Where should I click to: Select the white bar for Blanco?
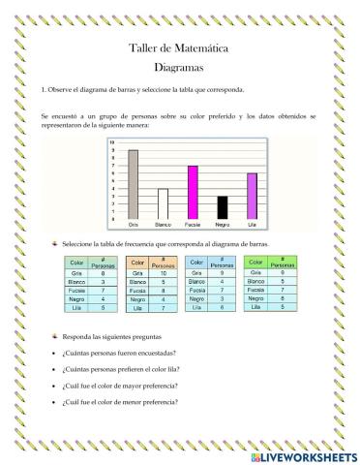point(163,203)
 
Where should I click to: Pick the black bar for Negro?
point(222,207)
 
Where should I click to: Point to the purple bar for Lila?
point(252,196)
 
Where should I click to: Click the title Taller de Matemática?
point(179,48)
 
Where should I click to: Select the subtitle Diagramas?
point(179,68)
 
